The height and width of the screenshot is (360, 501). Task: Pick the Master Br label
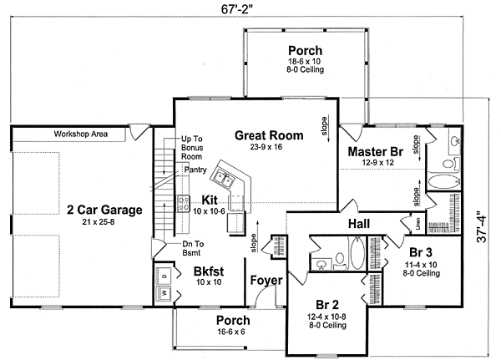375,151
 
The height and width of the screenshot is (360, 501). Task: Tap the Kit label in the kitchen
210,199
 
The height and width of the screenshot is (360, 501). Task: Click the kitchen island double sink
224,176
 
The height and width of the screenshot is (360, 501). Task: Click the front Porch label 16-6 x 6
233,321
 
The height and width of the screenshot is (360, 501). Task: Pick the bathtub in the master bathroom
441,181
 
